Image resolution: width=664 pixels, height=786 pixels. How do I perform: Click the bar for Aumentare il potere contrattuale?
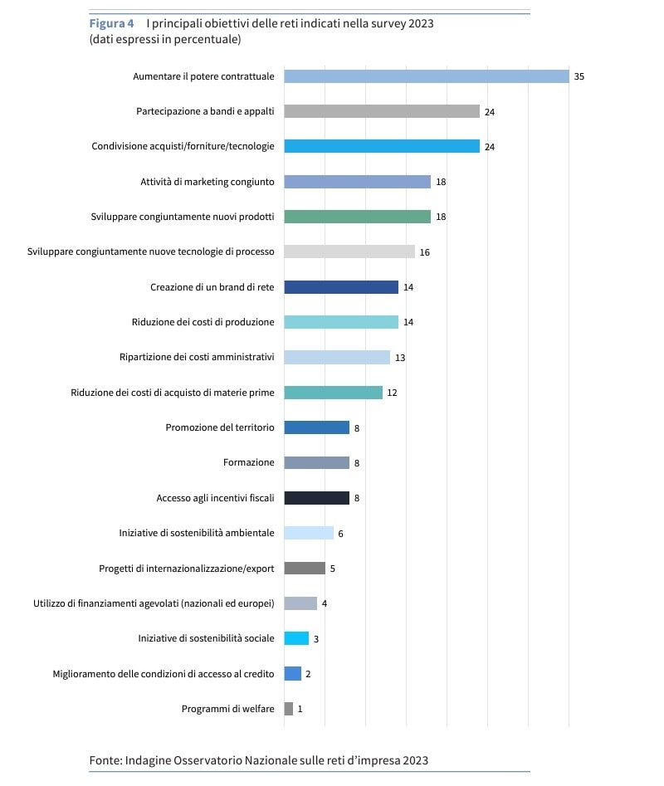(x=426, y=76)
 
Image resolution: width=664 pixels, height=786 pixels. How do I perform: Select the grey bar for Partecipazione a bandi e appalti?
(x=382, y=111)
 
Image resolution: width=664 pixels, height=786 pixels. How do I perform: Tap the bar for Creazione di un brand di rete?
(x=341, y=287)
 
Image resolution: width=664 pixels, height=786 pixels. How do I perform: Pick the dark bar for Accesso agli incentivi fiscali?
(x=316, y=498)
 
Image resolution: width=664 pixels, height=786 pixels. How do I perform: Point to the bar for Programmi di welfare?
(x=288, y=709)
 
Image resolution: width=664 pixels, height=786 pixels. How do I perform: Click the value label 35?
(x=579, y=76)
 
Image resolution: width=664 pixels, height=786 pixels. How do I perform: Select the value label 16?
(x=424, y=252)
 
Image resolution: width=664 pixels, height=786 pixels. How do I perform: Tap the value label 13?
(x=400, y=358)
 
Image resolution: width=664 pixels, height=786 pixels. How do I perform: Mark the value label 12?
(x=392, y=393)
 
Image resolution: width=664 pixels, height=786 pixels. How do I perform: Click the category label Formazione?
(x=248, y=463)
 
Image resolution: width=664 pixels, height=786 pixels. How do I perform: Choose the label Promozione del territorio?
(x=219, y=427)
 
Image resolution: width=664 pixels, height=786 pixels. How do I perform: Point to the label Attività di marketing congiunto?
(x=207, y=182)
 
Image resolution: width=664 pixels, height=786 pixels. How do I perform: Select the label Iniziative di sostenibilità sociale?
(x=206, y=638)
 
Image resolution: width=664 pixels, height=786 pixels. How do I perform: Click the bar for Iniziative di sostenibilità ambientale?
(x=309, y=533)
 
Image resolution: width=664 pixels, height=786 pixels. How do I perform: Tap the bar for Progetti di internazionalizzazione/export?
(x=305, y=569)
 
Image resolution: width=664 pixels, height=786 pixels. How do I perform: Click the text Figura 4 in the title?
(x=111, y=23)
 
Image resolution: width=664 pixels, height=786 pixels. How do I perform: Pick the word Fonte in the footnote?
(x=105, y=760)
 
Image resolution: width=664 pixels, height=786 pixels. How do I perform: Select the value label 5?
(x=332, y=569)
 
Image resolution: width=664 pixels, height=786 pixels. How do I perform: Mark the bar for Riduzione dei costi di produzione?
(x=341, y=322)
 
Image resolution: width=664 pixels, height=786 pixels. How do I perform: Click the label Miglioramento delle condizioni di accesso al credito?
(x=163, y=674)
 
